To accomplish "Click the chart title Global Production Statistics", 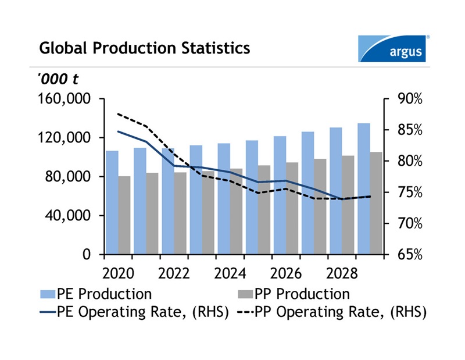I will pyautogui.click(x=145, y=48).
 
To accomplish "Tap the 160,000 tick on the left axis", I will pyautogui.click(x=64, y=99).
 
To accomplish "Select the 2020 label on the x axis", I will pyautogui.click(x=119, y=274).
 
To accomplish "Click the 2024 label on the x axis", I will pyautogui.click(x=230, y=274).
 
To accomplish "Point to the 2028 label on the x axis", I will pyautogui.click(x=342, y=274).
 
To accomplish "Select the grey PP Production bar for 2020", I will pyautogui.click(x=124, y=215).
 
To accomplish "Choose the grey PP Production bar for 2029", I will pyautogui.click(x=376, y=203).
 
